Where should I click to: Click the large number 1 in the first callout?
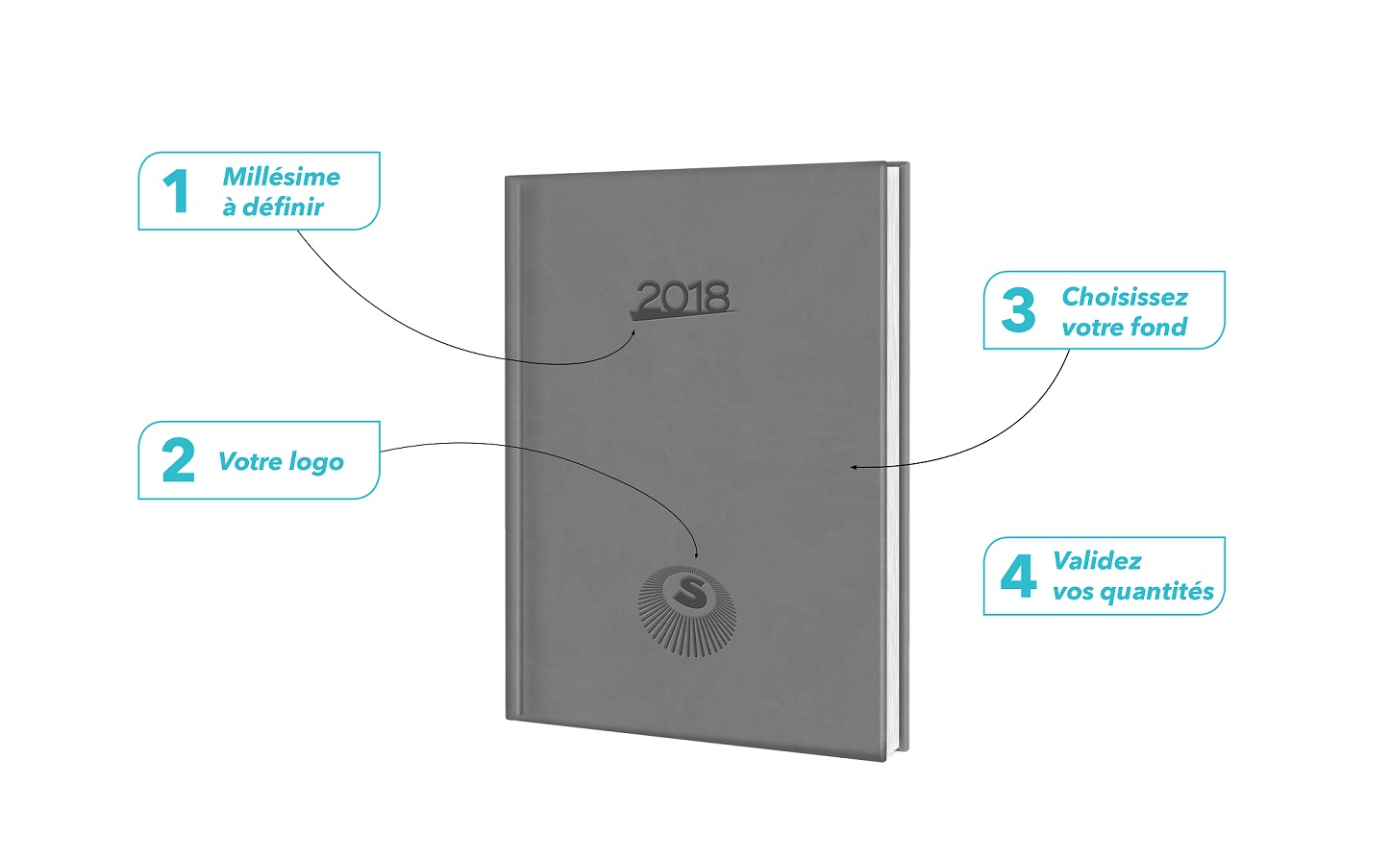(x=176, y=191)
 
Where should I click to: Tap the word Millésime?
(x=282, y=177)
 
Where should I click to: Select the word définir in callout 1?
(x=283, y=207)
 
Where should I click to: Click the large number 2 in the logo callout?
(x=178, y=460)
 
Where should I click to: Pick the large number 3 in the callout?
(x=1018, y=309)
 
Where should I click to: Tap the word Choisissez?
(x=1125, y=297)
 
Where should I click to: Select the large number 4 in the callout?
(x=1018, y=575)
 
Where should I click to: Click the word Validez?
(x=1097, y=561)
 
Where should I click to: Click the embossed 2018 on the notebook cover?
(x=683, y=296)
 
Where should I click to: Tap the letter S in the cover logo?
(x=686, y=590)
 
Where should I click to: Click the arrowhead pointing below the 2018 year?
(x=633, y=332)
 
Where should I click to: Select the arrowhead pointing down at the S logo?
(x=696, y=555)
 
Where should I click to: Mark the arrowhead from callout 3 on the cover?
(x=855, y=467)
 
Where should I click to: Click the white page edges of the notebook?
(x=891, y=459)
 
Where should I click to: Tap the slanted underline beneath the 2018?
(x=683, y=314)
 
